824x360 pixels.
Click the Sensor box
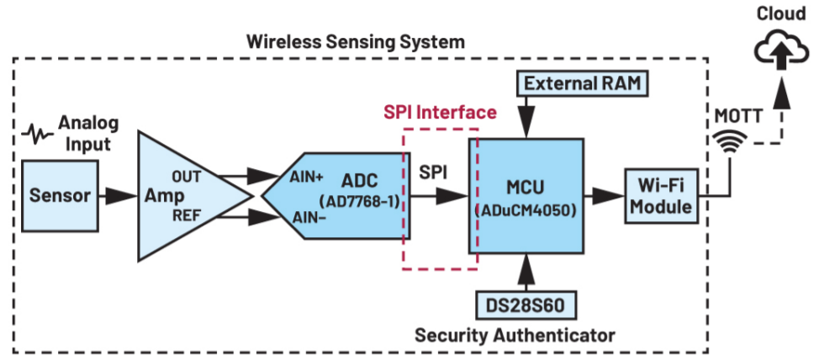[60, 197]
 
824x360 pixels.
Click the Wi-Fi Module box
[662, 197]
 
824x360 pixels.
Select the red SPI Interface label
[440, 111]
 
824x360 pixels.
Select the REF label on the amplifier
[187, 215]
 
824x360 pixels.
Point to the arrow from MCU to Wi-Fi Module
[603, 197]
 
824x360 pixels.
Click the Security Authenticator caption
[515, 335]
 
